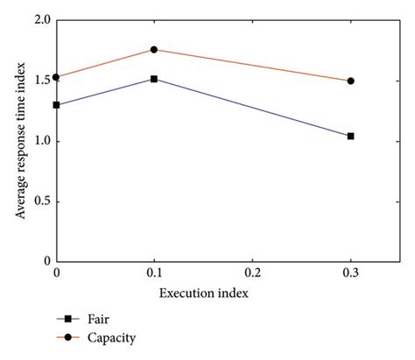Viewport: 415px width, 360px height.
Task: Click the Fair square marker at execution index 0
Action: click(57, 105)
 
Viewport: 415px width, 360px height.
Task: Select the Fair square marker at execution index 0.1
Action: click(154, 79)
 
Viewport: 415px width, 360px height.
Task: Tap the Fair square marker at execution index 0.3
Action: click(350, 136)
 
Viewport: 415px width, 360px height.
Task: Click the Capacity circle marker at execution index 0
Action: click(57, 77)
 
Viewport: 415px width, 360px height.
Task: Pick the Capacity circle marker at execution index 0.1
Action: click(154, 50)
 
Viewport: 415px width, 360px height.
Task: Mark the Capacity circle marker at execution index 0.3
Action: click(350, 81)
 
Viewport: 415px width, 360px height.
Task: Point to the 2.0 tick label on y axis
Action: click(39, 21)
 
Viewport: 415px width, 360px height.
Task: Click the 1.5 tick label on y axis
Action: click(39, 81)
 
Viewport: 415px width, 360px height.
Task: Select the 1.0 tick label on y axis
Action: click(39, 141)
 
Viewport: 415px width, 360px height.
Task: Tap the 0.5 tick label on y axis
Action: click(39, 201)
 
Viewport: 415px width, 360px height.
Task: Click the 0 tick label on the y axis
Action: click(46, 261)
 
